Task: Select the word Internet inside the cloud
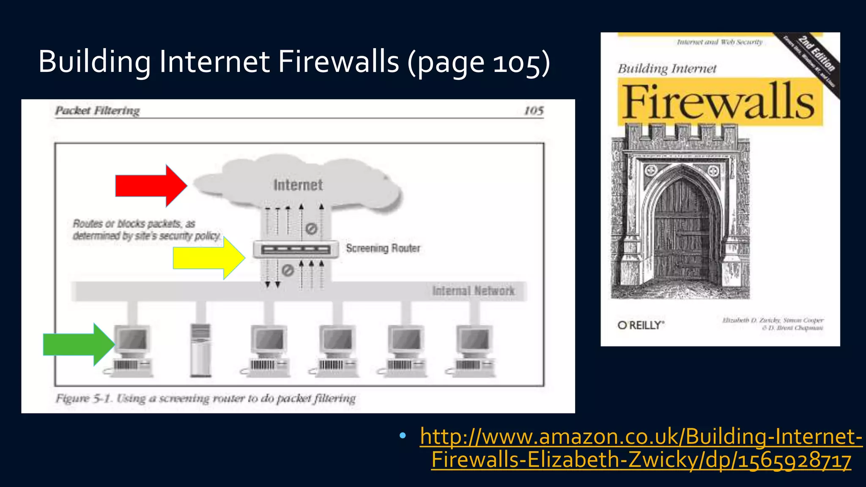pyautogui.click(x=298, y=185)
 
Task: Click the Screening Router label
pyautogui.click(x=383, y=248)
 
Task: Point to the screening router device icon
pyautogui.click(x=296, y=249)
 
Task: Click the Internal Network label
pyautogui.click(x=473, y=291)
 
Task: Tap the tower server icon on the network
pyautogui.click(x=200, y=350)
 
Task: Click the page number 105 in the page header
pyautogui.click(x=534, y=111)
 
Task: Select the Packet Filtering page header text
pyautogui.click(x=97, y=111)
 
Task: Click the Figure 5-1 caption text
pyautogui.click(x=206, y=398)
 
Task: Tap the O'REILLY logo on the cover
pyautogui.click(x=641, y=325)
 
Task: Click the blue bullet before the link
pyautogui.click(x=402, y=435)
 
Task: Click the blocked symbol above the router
pyautogui.click(x=311, y=229)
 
